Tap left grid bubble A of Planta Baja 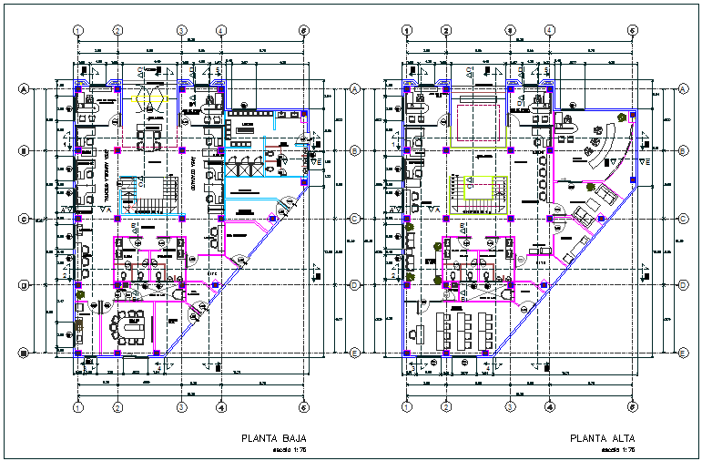[24, 89]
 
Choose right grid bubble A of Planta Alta [683, 89]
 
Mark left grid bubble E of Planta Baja [24, 353]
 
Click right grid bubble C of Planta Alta [683, 219]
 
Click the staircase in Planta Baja [146, 193]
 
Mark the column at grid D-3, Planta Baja [181, 286]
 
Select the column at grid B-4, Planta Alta [550, 150]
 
